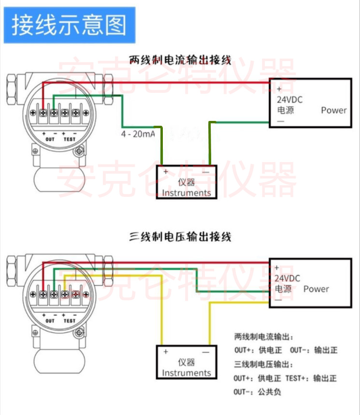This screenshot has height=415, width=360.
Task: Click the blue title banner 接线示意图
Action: coord(70,25)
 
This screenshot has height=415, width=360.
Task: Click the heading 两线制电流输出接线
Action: coord(180,60)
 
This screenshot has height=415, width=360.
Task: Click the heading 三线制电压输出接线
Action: coord(180,237)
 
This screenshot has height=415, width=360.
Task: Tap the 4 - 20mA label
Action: coord(138,134)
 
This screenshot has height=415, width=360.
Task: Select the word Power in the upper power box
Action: coord(334,110)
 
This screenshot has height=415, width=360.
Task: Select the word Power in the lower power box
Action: coord(316,289)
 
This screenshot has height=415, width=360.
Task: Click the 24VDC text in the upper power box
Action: coord(289,100)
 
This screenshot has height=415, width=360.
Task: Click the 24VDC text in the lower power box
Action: coord(288,279)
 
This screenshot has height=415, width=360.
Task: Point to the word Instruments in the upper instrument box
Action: coord(187,193)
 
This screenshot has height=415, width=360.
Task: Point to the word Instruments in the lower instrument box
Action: coord(187,373)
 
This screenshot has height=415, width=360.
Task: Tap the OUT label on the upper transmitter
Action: coord(50,139)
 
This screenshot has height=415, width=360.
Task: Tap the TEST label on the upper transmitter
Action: coord(70,139)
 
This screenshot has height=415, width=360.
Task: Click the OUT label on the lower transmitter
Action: coord(50,321)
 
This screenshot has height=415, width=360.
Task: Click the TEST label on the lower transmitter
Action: coord(70,321)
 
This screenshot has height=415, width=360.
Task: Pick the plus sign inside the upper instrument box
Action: coord(166,172)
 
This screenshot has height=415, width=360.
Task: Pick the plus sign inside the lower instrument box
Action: coord(166,352)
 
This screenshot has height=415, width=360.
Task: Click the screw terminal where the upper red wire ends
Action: coord(43,113)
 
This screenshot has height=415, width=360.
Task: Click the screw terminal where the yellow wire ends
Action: coord(65,294)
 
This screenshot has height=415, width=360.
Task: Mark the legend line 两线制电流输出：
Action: coord(264,337)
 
